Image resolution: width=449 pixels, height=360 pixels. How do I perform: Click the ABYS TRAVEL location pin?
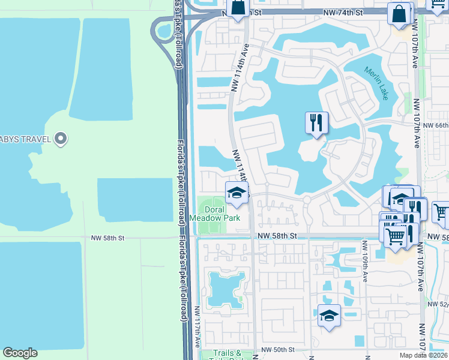click(x=61, y=139)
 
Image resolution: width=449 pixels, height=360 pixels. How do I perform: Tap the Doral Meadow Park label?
click(x=215, y=214)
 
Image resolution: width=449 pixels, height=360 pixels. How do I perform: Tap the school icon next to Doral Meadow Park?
click(x=237, y=193)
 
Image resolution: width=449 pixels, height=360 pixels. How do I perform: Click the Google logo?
click(x=20, y=353)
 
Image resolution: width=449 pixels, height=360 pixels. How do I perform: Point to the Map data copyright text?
click(x=423, y=355)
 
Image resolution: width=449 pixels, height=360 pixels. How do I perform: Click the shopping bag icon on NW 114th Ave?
click(x=238, y=8)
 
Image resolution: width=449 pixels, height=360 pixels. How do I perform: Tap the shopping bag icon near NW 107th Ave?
click(x=399, y=13)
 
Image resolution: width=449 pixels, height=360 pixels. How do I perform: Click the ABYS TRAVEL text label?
click(x=24, y=139)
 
